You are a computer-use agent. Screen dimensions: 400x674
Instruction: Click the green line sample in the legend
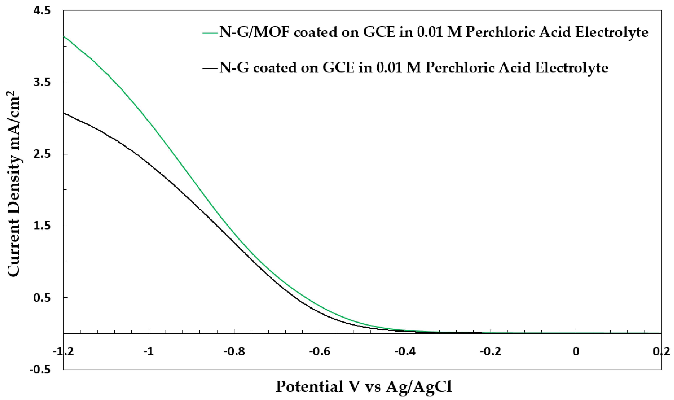(210, 33)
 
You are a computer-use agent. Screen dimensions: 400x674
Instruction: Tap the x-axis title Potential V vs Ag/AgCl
(364, 387)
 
